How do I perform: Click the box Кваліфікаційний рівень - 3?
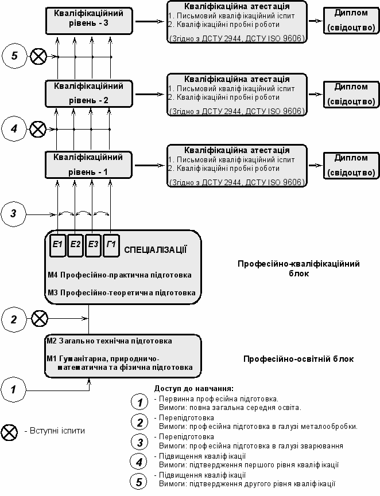click(x=88, y=21)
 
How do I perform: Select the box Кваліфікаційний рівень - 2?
click(x=88, y=94)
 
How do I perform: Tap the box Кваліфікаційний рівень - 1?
click(x=88, y=165)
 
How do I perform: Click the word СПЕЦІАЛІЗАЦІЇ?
click(x=155, y=250)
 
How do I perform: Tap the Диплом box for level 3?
click(x=351, y=20)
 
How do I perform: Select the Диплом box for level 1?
click(x=351, y=165)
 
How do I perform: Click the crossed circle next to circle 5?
click(x=38, y=57)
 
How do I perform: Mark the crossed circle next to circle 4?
click(x=38, y=129)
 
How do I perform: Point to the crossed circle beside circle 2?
click(x=39, y=319)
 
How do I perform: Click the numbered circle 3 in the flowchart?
click(x=13, y=214)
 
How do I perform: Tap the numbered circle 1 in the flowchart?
click(x=13, y=389)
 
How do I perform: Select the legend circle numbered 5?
click(x=139, y=482)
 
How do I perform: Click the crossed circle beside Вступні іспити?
click(x=9, y=433)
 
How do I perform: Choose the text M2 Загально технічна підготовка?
click(x=109, y=341)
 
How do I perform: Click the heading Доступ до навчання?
click(x=194, y=388)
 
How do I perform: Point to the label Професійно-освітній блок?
click(x=298, y=359)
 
